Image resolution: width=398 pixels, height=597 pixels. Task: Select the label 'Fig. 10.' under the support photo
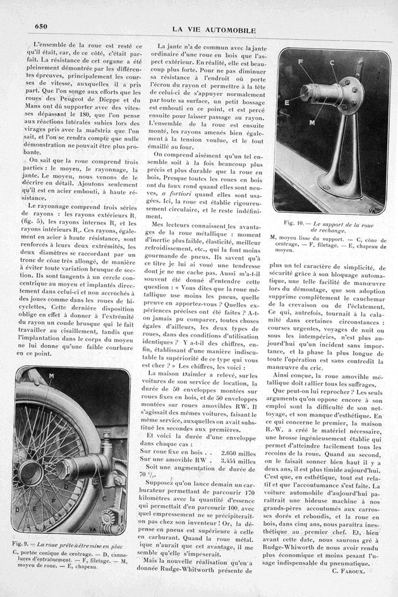pyautogui.click(x=293, y=224)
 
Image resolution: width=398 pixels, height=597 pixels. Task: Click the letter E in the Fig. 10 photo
pyautogui.click(x=288, y=100)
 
